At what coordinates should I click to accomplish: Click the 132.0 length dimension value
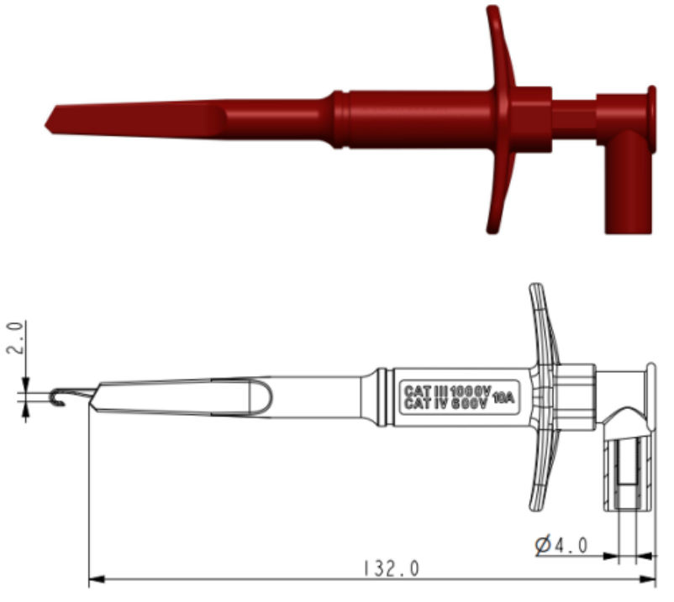click(x=391, y=568)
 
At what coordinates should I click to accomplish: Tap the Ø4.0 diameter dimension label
click(x=562, y=547)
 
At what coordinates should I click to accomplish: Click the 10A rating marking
click(x=503, y=398)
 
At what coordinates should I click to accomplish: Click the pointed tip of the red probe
click(x=49, y=123)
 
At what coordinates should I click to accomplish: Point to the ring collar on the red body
click(x=338, y=119)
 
